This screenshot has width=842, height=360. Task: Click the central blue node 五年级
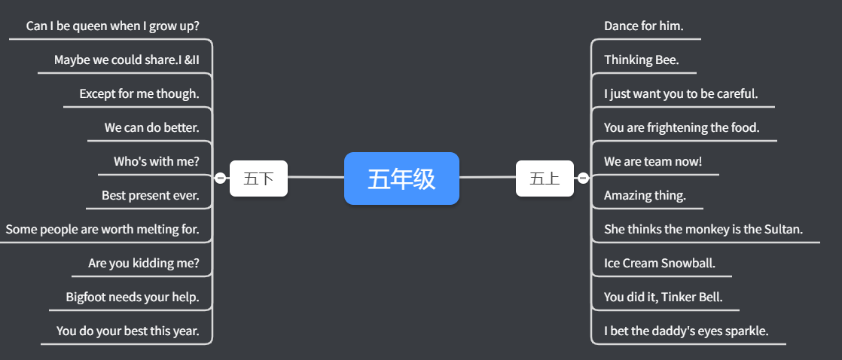coord(401,178)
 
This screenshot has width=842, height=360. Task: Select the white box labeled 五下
coord(258,178)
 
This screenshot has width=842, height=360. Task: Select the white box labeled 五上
coord(544,178)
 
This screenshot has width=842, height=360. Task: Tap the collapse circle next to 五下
coord(220,178)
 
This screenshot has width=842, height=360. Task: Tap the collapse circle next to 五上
coord(583,178)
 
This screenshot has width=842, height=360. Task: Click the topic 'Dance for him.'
coord(643,26)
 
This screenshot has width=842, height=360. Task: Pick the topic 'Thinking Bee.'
coord(641,60)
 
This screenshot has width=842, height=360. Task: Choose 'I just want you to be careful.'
coord(680,94)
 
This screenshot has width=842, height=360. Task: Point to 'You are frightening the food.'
coord(682,128)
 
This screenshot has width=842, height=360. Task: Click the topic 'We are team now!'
coord(652,162)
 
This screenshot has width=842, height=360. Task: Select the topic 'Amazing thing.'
coord(645,196)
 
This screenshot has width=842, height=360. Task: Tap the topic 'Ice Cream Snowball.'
coord(659,264)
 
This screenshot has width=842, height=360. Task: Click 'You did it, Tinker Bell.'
coord(663,297)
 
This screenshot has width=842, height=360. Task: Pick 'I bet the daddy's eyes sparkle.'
coord(685,331)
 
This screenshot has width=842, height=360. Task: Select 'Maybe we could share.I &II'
coord(127,60)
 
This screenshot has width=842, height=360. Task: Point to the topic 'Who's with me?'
coord(156,162)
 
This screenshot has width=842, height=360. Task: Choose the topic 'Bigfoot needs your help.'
coord(132,297)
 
